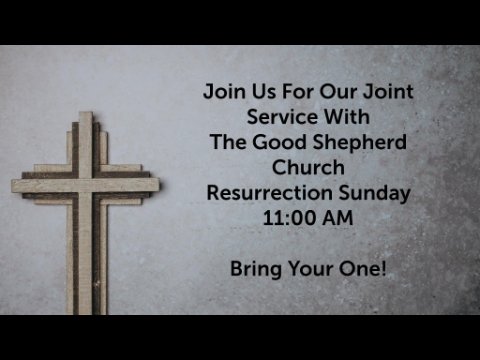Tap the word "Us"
coord(264,91)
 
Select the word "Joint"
coord(388,92)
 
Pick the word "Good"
coord(279,142)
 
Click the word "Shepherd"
coord(359,143)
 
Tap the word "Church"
coord(308,167)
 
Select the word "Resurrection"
coord(270,193)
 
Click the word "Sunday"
coord(375,194)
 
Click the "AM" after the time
coord(338,218)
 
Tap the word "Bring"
coord(256,270)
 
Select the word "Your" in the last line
coord(310,269)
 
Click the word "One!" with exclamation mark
coord(363,269)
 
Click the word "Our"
coord(339,92)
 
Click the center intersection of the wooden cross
coord(86,186)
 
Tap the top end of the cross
coord(86,112)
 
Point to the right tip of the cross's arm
coord(159,186)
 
